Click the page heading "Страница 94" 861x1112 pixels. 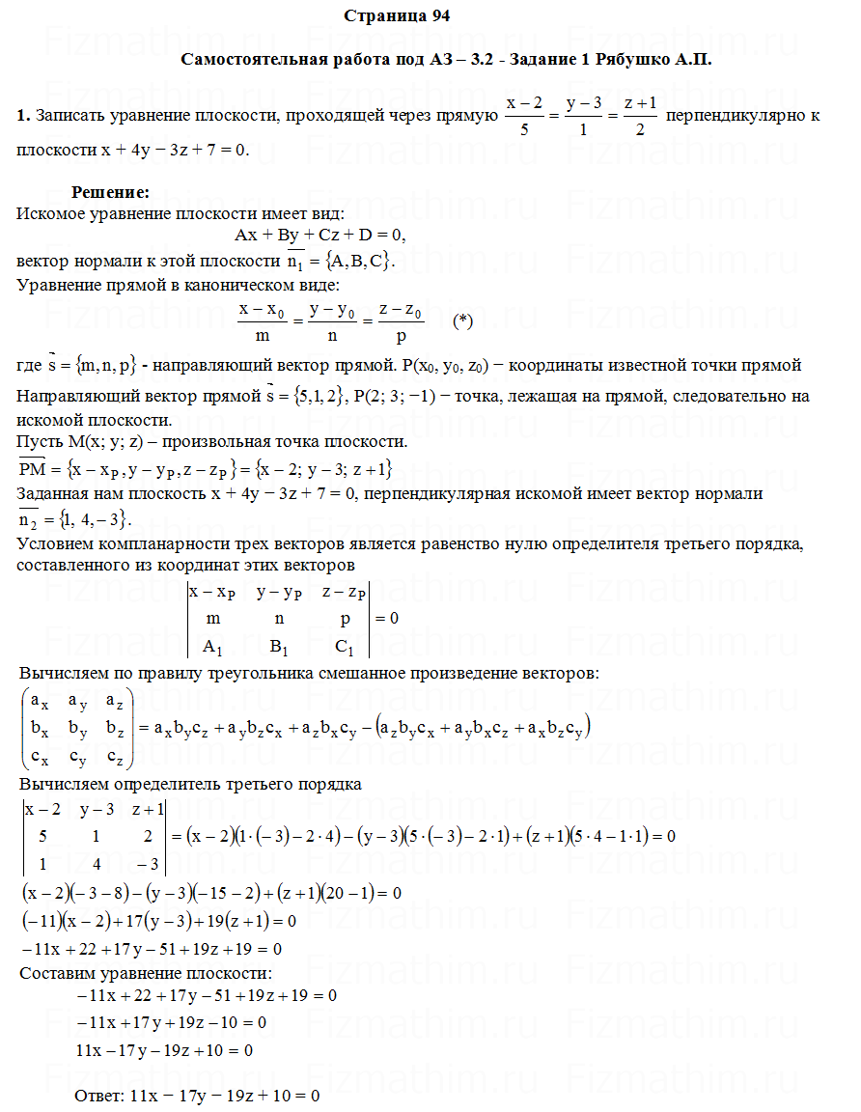(x=396, y=15)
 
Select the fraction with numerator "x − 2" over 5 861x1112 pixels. (x=524, y=115)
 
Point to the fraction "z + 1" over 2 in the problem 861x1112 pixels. (x=640, y=115)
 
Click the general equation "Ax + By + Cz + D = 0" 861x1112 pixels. (x=319, y=235)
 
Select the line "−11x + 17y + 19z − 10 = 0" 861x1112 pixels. (x=171, y=1021)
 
